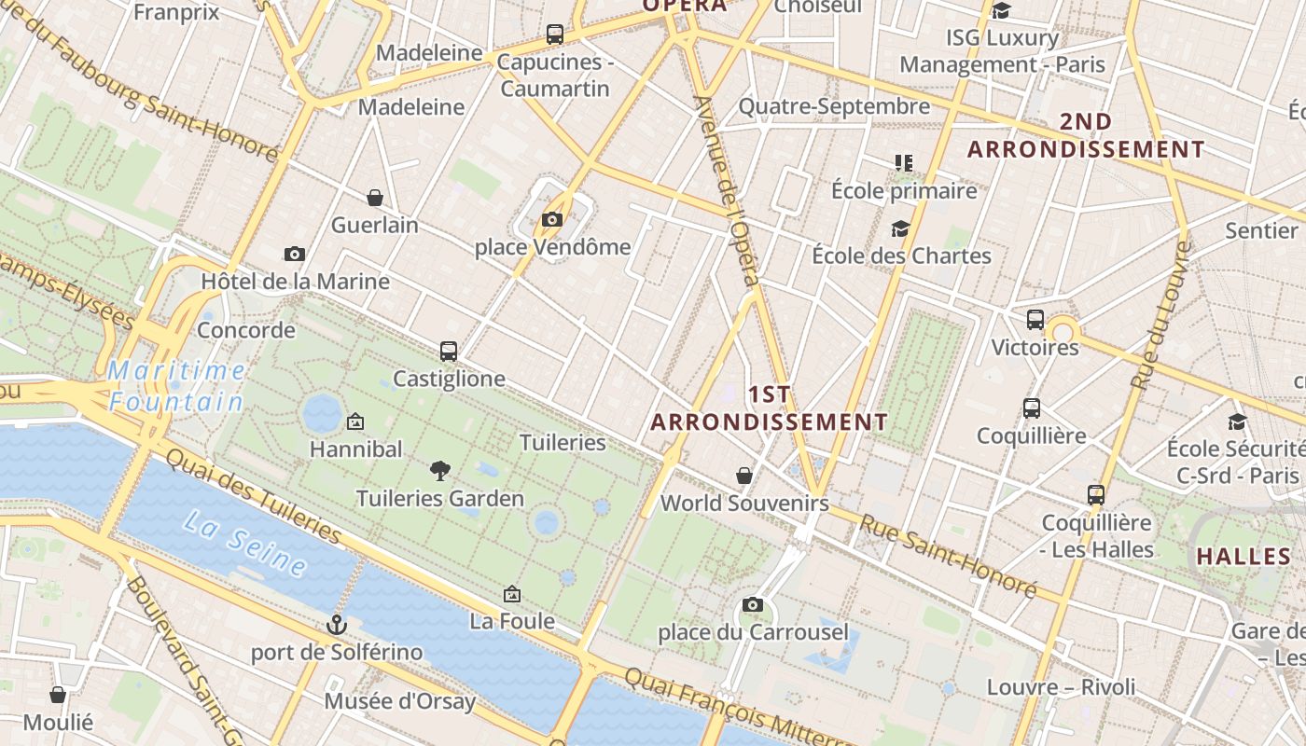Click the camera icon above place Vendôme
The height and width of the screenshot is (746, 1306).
pyautogui.click(x=552, y=220)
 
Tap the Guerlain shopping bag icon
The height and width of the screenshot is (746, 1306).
pyautogui.click(x=375, y=198)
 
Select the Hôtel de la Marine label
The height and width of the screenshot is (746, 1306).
pyautogui.click(x=296, y=282)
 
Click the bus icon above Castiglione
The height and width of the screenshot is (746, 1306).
pyautogui.click(x=449, y=352)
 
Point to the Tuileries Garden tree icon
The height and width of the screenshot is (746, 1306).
pyautogui.click(x=439, y=471)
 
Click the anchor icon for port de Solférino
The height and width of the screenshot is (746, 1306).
pyautogui.click(x=336, y=625)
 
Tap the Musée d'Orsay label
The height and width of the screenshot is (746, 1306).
pyautogui.click(x=400, y=700)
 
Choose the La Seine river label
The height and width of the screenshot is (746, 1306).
pyautogui.click(x=245, y=543)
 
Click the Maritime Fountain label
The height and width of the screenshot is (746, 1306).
pyautogui.click(x=175, y=386)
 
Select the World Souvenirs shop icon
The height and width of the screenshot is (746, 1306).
pyautogui.click(x=744, y=477)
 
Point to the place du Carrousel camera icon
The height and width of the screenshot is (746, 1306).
pyautogui.click(x=753, y=605)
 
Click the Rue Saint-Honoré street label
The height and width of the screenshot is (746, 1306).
pyautogui.click(x=947, y=556)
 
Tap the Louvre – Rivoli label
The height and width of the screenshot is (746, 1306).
pyautogui.click(x=1062, y=687)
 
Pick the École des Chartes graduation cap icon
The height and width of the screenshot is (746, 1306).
pyautogui.click(x=900, y=229)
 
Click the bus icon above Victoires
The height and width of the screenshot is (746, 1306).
pyautogui.click(x=1035, y=320)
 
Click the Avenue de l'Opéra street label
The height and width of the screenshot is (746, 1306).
pyautogui.click(x=728, y=191)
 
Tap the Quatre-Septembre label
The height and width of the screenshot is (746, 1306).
pyautogui.click(x=834, y=106)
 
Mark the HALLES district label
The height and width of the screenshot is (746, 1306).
pyautogui.click(x=1243, y=557)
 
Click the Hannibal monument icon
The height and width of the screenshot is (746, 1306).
pyautogui.click(x=354, y=422)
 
